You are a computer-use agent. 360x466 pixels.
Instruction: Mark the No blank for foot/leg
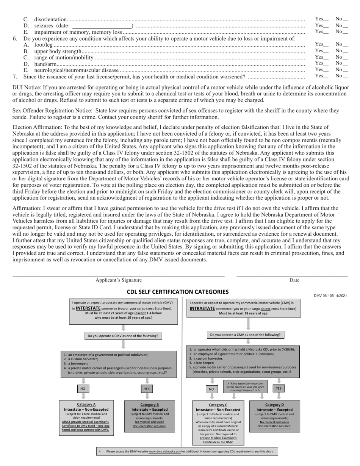pyautogui.click(x=345, y=45)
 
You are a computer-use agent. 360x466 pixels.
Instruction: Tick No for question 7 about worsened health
pyautogui.click(x=345, y=77)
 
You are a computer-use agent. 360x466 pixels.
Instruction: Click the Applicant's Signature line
pyautogui.click(x=119, y=275)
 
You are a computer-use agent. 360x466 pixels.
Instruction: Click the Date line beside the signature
pyautogui.click(x=292, y=275)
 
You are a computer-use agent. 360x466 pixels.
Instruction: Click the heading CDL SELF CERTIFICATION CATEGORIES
pyautogui.click(x=177, y=292)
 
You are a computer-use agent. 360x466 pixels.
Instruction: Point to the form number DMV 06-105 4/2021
pyautogui.click(x=330, y=296)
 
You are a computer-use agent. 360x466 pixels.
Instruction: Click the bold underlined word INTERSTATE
pyautogui.click(x=88, y=308)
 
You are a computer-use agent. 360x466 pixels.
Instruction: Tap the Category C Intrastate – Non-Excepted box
pyautogui.click(x=218, y=423)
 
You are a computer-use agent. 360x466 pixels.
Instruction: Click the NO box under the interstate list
pyautogui.click(x=83, y=389)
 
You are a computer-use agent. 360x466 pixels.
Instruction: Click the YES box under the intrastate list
pyautogui.click(x=279, y=388)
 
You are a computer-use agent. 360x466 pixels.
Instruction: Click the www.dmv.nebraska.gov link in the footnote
pyautogui.click(x=164, y=452)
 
